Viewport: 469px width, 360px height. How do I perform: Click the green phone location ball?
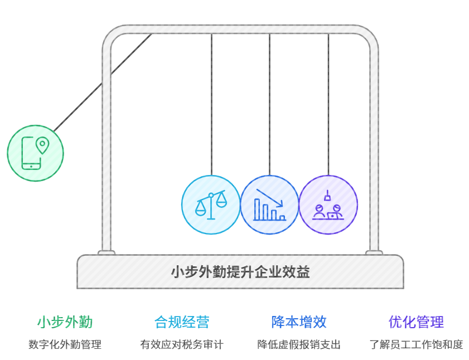pyautogui.click(x=35, y=153)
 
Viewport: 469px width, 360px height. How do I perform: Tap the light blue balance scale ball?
pyautogui.click(x=211, y=205)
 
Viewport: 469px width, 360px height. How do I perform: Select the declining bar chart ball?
pyautogui.click(x=269, y=205)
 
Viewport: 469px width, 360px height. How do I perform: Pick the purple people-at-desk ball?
pyautogui.click(x=328, y=205)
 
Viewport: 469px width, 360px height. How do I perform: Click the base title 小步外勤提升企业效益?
pyautogui.click(x=240, y=272)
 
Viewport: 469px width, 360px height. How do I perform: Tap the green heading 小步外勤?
pyautogui.click(x=65, y=322)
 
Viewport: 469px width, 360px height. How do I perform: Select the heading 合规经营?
pyautogui.click(x=182, y=322)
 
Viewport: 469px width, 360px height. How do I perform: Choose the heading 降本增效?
pyautogui.click(x=299, y=322)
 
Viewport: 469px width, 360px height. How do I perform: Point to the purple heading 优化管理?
pyautogui.click(x=416, y=322)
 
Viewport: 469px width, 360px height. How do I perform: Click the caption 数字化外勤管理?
pyautogui.click(x=65, y=344)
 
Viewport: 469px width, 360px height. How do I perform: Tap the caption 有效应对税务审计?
pyautogui.click(x=182, y=344)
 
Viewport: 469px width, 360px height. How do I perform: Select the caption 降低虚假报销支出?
pyautogui.click(x=299, y=344)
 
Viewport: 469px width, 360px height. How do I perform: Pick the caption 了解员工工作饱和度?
pyautogui.click(x=416, y=344)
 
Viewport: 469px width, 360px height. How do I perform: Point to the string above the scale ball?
pyautogui.click(x=211, y=106)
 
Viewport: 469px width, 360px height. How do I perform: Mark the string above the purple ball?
pyautogui.click(x=328, y=106)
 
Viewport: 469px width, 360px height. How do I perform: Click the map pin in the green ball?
pyautogui.click(x=42, y=145)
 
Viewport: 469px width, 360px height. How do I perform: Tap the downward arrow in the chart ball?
pyautogui.click(x=270, y=197)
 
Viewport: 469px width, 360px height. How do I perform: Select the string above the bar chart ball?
pyautogui.click(x=269, y=106)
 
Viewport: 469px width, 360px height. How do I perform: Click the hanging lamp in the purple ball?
pyautogui.click(x=328, y=196)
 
